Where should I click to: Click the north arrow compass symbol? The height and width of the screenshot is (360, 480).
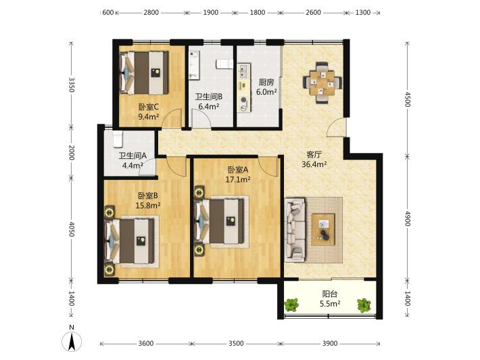[x=72, y=341]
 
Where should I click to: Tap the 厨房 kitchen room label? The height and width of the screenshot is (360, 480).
[x=266, y=82]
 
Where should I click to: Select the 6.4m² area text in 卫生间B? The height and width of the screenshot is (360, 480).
[x=208, y=107]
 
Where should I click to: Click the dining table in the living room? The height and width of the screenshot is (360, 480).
[x=322, y=83]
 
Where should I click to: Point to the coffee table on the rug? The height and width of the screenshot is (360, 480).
[x=323, y=229]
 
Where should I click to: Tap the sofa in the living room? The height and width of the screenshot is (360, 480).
[x=295, y=230]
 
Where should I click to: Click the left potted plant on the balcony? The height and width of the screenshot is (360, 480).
[x=292, y=305]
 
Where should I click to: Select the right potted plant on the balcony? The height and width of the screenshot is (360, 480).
[x=364, y=305]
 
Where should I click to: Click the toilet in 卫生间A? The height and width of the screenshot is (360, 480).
[x=118, y=139]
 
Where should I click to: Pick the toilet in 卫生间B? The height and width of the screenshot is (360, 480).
[x=224, y=64]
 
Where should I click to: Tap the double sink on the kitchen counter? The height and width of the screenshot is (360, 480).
[x=243, y=71]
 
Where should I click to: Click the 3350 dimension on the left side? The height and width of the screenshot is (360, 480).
[x=72, y=85]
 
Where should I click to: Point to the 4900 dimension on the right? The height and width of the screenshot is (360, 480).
[x=407, y=219]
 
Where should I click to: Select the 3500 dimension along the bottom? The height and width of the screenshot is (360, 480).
[x=236, y=343]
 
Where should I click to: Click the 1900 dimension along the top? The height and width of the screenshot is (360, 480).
[x=211, y=13]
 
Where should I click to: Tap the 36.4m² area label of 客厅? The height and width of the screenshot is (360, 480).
[x=314, y=164]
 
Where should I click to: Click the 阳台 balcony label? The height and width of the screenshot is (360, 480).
[x=330, y=294]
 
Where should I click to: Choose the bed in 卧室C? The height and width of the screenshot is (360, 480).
[x=144, y=72]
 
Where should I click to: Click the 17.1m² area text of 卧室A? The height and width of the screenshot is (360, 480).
[x=238, y=179]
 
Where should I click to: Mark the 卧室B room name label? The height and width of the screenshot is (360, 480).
[x=148, y=196]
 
